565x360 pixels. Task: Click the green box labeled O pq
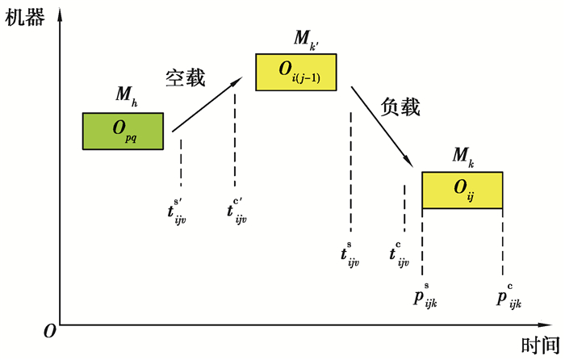point(123,132)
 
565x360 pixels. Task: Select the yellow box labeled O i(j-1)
point(296,72)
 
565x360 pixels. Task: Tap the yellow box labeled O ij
point(462,190)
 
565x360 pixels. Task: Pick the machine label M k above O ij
point(463,155)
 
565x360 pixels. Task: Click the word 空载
point(186,77)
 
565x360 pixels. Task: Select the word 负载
point(401,106)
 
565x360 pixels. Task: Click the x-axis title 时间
point(539,345)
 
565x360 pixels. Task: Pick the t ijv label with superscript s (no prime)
point(349,255)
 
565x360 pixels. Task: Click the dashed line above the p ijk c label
point(503,242)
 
